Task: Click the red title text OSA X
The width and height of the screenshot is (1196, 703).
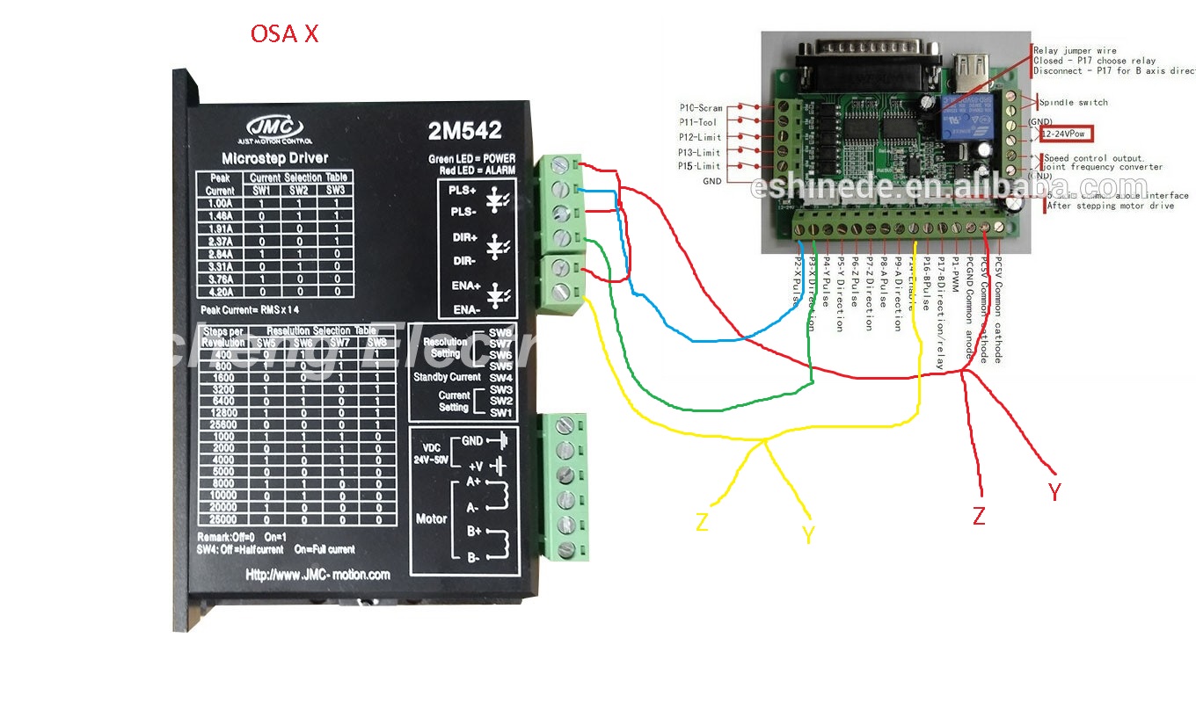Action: [x=284, y=34]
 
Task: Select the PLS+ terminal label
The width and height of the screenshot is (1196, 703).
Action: [x=463, y=190]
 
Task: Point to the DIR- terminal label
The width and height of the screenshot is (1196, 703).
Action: [x=463, y=261]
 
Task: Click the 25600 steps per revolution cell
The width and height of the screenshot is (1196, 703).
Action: [x=223, y=424]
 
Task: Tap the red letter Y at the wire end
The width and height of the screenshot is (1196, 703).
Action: [x=1054, y=492]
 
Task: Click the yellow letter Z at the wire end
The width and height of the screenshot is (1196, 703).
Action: [x=702, y=523]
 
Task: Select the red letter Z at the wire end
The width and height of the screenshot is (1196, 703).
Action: [x=979, y=516]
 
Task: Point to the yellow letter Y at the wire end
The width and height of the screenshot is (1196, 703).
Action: [x=808, y=534]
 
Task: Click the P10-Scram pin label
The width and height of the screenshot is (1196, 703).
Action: [x=700, y=108]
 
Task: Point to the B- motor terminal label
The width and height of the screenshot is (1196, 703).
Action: [x=472, y=557]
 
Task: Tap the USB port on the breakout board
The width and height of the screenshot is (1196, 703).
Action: [x=973, y=68]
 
